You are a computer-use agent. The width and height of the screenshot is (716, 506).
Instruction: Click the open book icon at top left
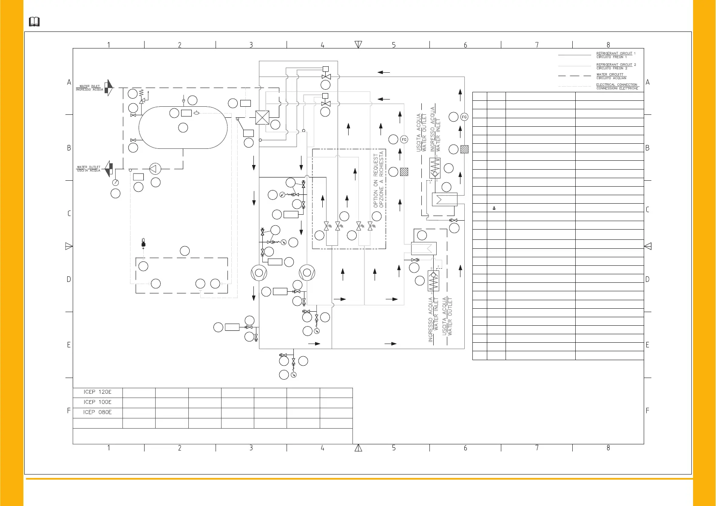tap(34, 22)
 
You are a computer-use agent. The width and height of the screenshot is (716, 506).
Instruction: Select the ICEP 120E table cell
tap(98, 392)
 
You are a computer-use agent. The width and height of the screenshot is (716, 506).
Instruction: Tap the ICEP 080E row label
tap(98, 412)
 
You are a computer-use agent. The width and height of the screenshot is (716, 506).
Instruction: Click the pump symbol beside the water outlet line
tap(155, 168)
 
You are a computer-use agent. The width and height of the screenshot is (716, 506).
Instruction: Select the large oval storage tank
tap(183, 127)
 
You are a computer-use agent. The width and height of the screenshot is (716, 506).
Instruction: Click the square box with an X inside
tap(262, 117)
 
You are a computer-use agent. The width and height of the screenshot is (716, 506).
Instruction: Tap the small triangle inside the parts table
tap(494, 208)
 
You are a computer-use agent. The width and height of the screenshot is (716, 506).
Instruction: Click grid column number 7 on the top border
tap(537, 45)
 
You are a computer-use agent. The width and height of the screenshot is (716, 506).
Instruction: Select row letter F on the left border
tap(69, 411)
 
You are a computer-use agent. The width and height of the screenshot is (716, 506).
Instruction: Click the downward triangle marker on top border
tap(358, 44)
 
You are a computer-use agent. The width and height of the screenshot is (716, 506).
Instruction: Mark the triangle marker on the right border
tap(648, 246)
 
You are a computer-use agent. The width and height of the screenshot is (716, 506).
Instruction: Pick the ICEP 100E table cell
tap(98, 402)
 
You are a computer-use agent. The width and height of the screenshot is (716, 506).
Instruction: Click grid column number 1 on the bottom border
tap(108, 448)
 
